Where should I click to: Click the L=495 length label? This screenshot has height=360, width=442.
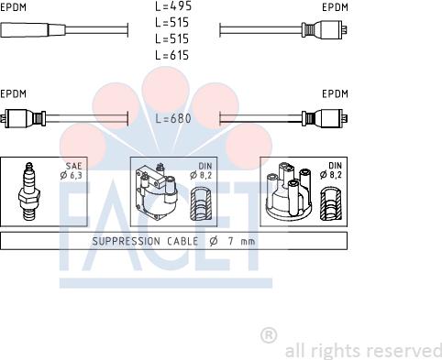click(172, 6)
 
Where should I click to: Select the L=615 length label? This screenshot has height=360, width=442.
click(172, 55)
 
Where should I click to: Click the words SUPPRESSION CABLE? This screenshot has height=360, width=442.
click(139, 241)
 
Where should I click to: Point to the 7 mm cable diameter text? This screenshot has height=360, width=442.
click(237, 241)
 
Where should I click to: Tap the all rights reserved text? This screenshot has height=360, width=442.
click(363, 350)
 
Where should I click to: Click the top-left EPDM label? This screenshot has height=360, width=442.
click(14, 6)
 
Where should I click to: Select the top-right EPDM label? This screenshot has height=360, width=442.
click(336, 6)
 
